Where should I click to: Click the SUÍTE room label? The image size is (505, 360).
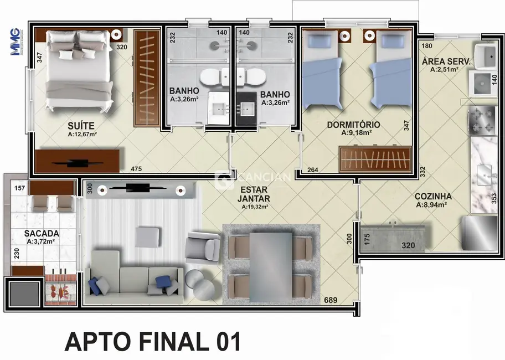tap(81, 125)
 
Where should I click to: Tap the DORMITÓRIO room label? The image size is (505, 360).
tap(353, 125)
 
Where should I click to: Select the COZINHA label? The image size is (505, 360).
tap(433, 196)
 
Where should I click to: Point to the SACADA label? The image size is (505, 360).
tap(42, 234)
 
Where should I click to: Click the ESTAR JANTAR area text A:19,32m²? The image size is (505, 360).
tap(255, 207)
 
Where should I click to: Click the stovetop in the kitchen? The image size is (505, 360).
tap(482, 121)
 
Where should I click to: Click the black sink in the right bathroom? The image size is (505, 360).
tap(248, 109)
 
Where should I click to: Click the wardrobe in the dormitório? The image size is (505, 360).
tap(375, 160)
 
